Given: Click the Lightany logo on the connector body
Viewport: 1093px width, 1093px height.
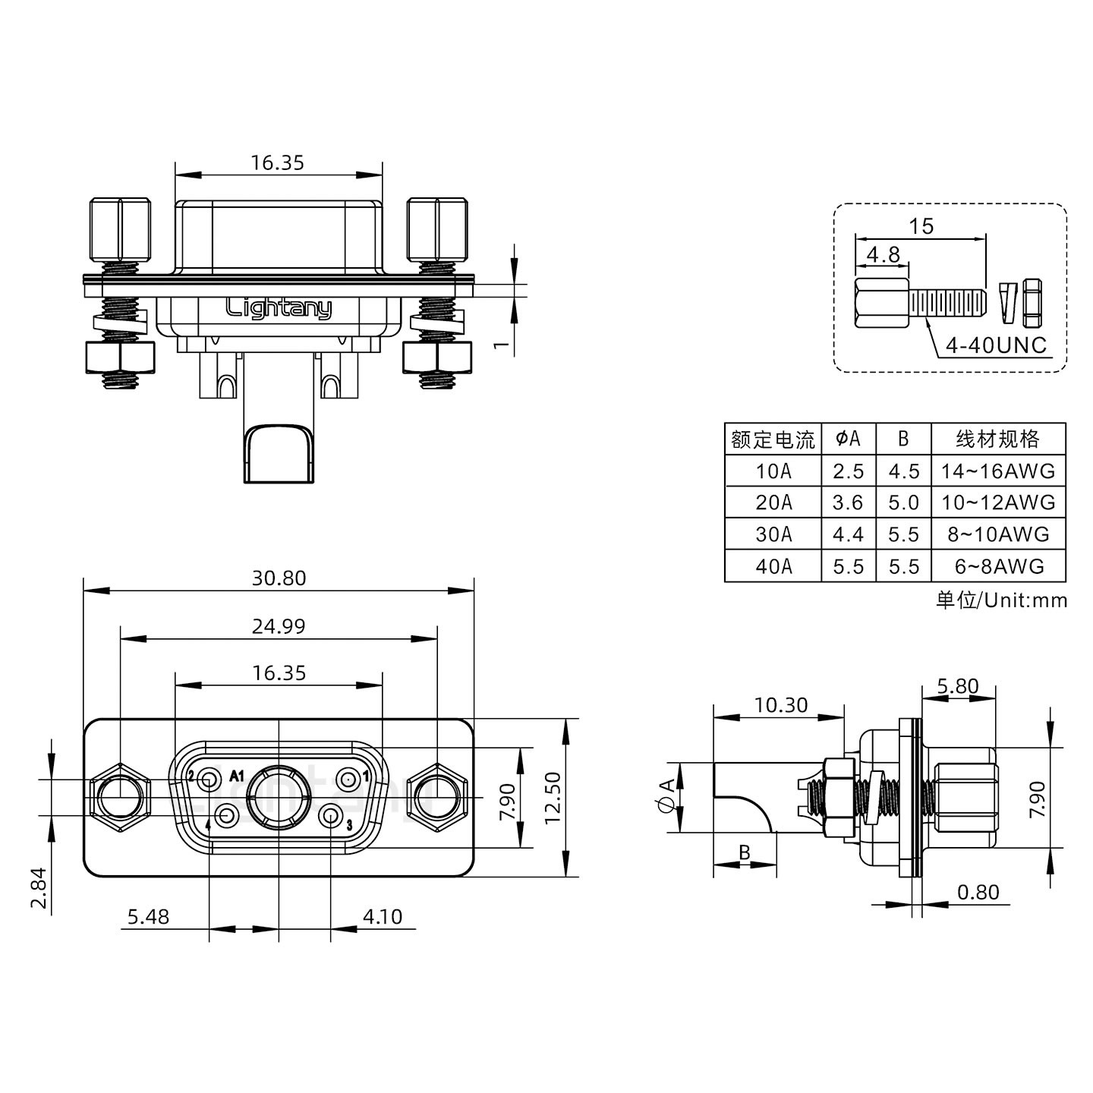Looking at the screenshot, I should pos(279,308).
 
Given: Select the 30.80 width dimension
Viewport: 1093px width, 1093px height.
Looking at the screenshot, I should pos(279,578).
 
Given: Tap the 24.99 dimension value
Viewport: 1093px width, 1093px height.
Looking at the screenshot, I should pos(279,626).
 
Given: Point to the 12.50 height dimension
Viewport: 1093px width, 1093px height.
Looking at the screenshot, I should pos(553,797).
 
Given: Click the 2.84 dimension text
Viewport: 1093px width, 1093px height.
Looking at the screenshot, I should pos(39,887).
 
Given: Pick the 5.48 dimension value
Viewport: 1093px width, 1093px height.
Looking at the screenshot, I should pos(148,917).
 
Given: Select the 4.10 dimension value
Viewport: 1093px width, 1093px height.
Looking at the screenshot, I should pos(383,917).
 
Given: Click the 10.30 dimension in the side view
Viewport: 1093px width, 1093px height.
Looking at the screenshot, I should pos(781,705).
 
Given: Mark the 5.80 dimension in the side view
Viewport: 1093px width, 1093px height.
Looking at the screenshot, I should pos(957,686).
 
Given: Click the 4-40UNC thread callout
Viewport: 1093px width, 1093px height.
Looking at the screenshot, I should pos(996,346).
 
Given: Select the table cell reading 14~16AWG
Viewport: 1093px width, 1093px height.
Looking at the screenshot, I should pos(998,471).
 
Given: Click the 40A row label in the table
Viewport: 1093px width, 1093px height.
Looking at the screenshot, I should pos(773,566).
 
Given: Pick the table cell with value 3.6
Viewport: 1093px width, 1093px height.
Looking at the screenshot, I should pos(848,502).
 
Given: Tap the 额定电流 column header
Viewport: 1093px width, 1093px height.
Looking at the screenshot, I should pos(773,439).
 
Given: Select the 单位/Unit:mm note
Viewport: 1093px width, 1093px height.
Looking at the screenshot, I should pos(1001,600).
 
